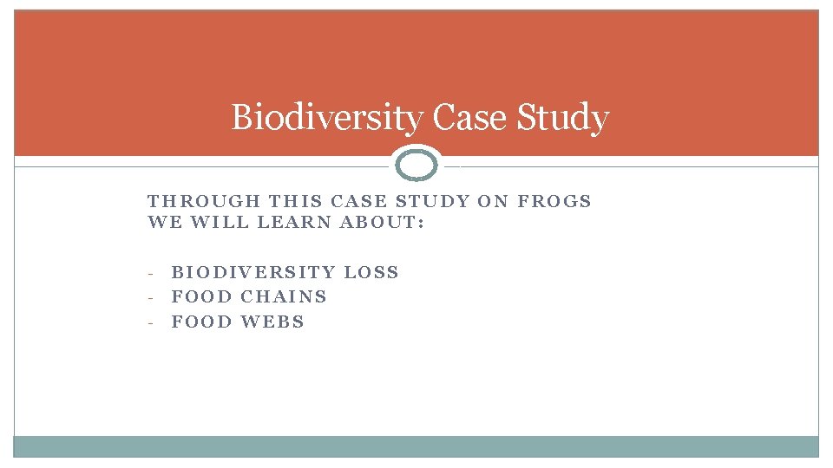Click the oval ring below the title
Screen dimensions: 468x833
[416, 165]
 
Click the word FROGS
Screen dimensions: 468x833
[554, 201]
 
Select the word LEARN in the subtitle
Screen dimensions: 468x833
[292, 222]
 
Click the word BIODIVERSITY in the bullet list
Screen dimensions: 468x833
[253, 272]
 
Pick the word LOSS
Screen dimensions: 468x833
[371, 272]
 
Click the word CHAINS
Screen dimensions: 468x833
[284, 296]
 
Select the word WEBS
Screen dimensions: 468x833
[272, 322]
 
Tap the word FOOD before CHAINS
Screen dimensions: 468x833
[202, 296]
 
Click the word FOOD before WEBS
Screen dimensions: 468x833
[202, 322]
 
